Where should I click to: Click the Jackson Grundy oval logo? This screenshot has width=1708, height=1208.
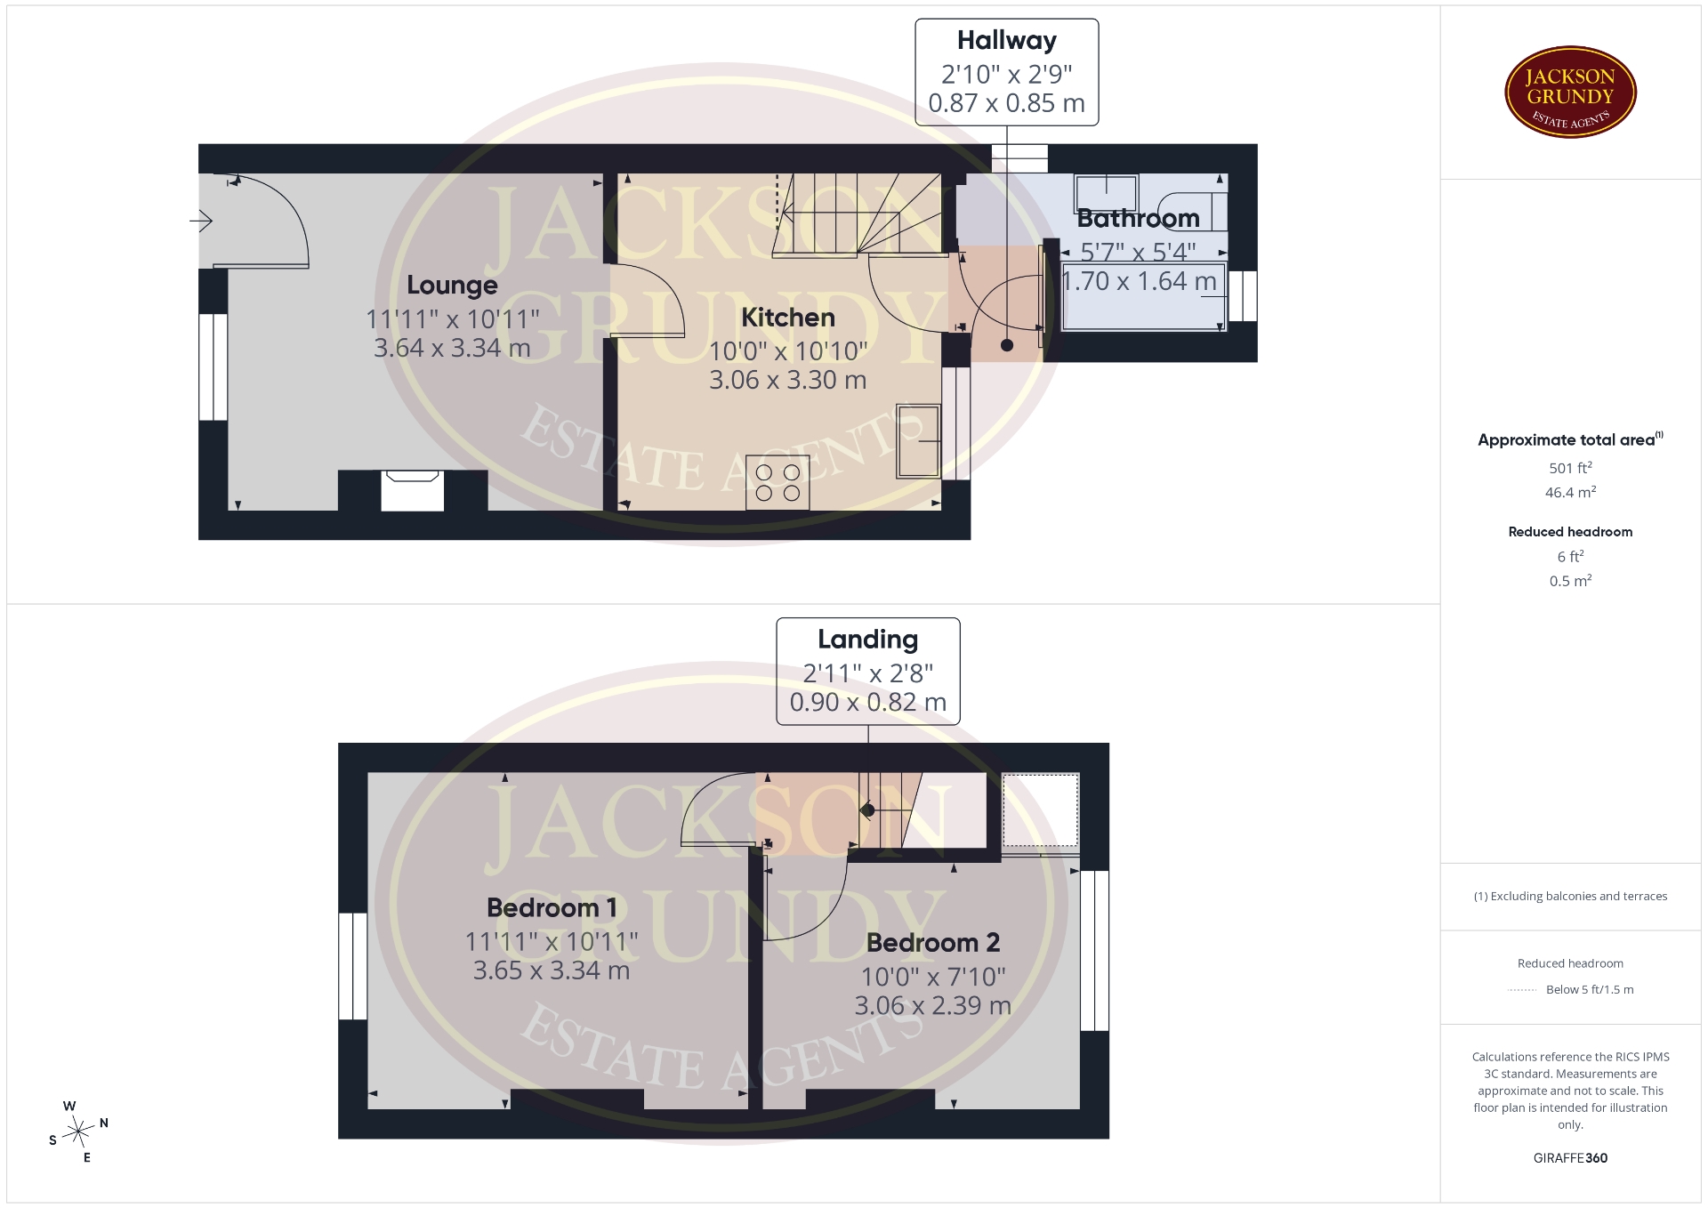1570,92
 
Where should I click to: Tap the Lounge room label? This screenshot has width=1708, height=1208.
452,286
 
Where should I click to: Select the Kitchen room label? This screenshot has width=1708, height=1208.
788,318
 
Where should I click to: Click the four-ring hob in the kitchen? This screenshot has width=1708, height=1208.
778,482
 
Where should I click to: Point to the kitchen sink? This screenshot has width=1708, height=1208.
919,441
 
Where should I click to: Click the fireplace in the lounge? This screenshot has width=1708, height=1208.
413,490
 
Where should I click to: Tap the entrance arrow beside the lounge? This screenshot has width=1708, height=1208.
201,220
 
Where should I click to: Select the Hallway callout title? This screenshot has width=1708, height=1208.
1007,41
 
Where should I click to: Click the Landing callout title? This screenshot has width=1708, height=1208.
868,640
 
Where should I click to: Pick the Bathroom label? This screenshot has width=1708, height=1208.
1139,219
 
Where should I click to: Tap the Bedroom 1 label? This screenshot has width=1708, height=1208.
552,908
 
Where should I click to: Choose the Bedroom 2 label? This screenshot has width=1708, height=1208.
933,943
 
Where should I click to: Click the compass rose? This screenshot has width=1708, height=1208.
78,1132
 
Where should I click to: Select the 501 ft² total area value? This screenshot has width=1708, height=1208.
1570,468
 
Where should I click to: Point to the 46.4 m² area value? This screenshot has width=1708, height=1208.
1570,492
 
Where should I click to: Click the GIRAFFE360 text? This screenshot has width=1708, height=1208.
1570,1158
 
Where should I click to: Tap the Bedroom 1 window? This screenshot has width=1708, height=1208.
353,966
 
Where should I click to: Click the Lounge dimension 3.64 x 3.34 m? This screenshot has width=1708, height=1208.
452,348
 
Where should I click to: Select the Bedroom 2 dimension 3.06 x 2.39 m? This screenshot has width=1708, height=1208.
933,1006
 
